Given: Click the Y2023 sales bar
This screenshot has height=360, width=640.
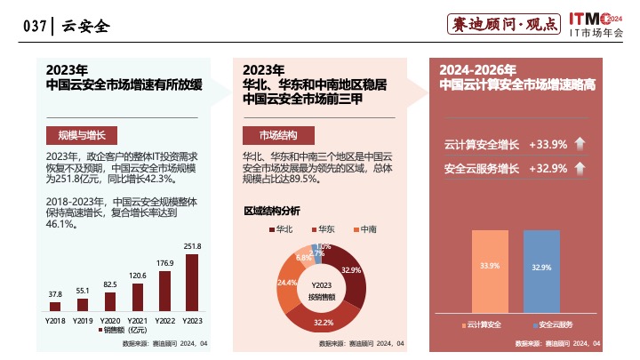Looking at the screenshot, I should [x=192, y=284].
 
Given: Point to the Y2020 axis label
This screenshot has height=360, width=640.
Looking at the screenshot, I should [x=110, y=319].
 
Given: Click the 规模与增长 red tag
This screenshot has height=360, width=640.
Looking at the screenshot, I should [x=81, y=135].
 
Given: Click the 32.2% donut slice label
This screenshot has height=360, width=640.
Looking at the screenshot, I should [x=323, y=323].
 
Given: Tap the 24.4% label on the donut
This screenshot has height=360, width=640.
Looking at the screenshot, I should [x=287, y=282].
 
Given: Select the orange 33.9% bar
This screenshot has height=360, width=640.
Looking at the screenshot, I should [x=490, y=267].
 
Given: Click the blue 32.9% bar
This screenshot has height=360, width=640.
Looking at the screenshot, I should [x=541, y=267].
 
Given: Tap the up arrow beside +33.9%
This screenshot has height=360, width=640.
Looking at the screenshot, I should [x=580, y=143].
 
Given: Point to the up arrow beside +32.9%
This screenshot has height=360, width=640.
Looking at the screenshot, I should [x=580, y=168].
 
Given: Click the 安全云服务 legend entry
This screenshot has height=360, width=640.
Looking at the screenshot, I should [x=556, y=324].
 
